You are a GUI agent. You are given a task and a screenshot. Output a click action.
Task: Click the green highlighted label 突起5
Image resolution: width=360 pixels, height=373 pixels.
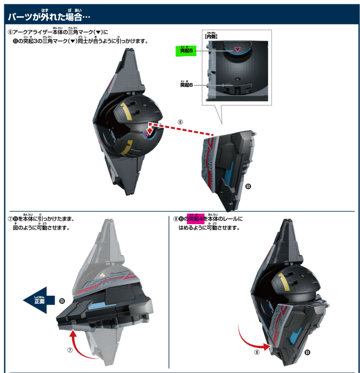[186, 50]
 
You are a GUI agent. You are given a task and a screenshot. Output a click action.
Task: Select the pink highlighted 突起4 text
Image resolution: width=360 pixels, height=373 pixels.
[196, 219]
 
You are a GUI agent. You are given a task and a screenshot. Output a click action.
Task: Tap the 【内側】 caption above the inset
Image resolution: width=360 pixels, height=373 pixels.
[212, 36]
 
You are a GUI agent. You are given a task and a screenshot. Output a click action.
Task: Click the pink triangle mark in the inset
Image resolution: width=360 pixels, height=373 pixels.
[236, 49]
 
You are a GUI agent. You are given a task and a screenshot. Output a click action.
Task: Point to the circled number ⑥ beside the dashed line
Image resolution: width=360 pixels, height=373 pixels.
[180, 122]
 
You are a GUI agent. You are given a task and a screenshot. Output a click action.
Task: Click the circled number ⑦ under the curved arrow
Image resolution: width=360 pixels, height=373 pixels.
[70, 350]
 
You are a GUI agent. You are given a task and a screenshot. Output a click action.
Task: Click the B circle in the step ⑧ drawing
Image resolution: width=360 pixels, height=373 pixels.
[308, 352]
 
